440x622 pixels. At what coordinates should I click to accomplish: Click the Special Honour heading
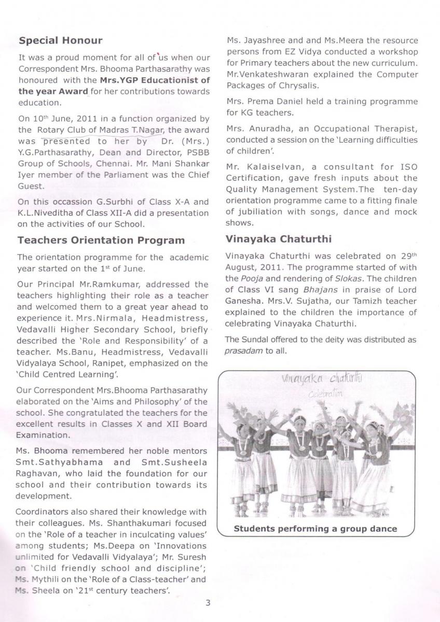(x=60, y=40)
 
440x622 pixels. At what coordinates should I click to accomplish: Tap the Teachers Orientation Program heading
(x=101, y=240)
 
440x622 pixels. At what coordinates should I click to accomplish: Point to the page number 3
(x=208, y=602)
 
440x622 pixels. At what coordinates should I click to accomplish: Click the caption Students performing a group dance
(x=315, y=529)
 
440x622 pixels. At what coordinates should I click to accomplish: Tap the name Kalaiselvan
(x=276, y=167)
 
